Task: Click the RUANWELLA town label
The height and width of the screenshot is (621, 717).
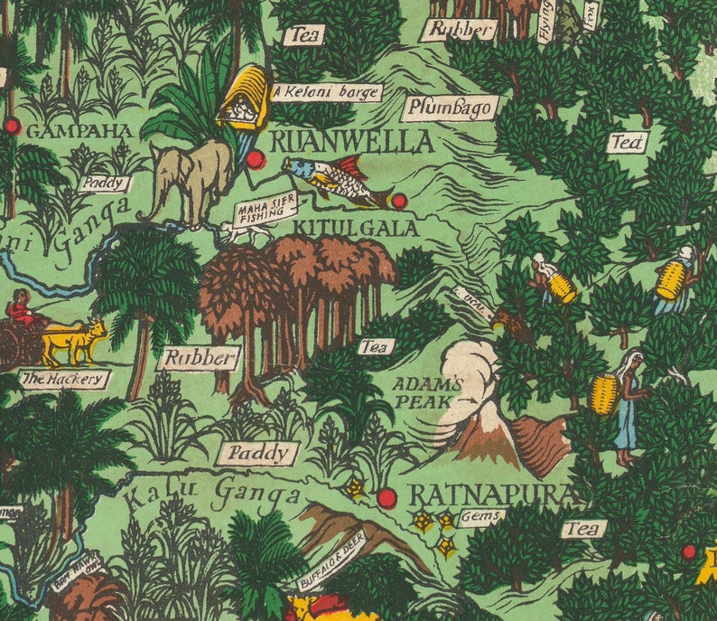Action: coord(351,142)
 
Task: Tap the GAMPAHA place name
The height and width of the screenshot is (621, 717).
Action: coord(79,131)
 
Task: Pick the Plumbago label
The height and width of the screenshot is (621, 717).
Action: coord(451,108)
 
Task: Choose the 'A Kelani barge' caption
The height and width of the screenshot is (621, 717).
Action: coord(328,92)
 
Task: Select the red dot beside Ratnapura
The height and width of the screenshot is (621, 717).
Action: coord(386,498)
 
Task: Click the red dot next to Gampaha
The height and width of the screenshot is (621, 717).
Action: coord(12,126)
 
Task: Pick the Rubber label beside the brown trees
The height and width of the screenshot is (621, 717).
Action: coord(200,358)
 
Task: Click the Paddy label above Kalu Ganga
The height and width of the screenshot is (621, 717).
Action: coord(257,453)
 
